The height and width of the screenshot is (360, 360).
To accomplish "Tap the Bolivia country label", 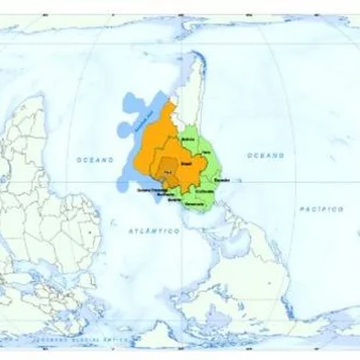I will (190, 139).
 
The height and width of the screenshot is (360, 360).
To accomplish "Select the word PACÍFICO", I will (321, 209).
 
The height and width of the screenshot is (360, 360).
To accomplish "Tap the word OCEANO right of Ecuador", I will (265, 156).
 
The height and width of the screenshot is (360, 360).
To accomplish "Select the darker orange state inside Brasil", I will (168, 169).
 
